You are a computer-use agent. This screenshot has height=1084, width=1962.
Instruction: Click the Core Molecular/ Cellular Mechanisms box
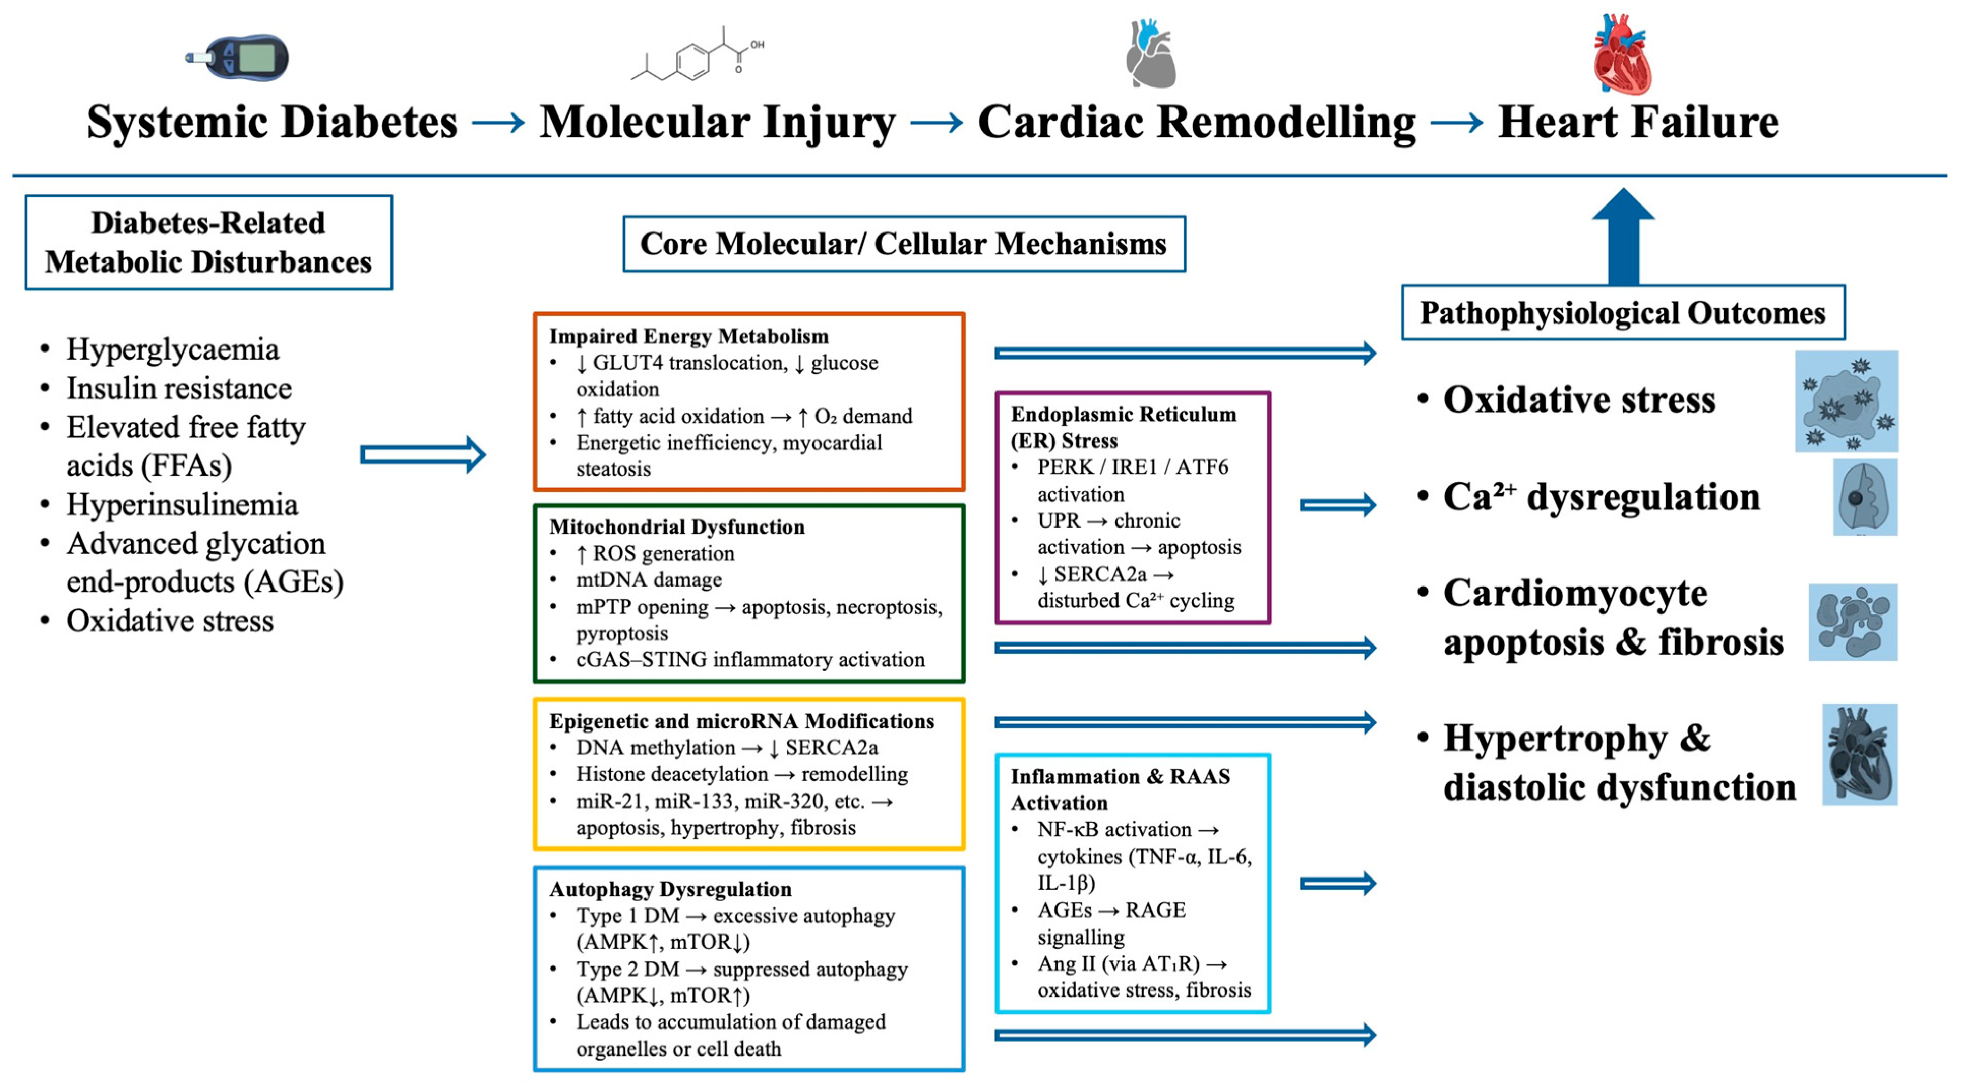[903, 244]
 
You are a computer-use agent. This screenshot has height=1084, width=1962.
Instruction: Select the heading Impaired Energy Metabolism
[688, 336]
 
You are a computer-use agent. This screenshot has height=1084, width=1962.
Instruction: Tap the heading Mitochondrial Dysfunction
[676, 526]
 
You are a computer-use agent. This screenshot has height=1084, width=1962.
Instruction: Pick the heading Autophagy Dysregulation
[670, 889]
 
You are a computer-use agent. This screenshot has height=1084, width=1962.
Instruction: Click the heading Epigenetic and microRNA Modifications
[741, 721]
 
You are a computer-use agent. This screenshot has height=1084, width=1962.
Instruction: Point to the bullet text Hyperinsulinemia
[182, 504]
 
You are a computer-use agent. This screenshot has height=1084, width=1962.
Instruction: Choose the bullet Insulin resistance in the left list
[179, 389]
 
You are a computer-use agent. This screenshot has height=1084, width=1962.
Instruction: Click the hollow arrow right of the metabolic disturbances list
[422, 455]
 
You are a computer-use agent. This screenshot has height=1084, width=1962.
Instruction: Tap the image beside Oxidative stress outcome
[1846, 401]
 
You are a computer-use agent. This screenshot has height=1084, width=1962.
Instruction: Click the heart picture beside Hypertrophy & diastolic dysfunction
[1859, 754]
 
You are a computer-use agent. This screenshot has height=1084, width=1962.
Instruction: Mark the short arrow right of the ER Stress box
[1338, 504]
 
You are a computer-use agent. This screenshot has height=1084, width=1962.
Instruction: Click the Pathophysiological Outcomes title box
[1622, 312]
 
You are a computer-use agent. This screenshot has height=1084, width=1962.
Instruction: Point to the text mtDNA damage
[649, 580]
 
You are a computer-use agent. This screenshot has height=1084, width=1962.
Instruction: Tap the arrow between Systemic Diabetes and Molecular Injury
[498, 122]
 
